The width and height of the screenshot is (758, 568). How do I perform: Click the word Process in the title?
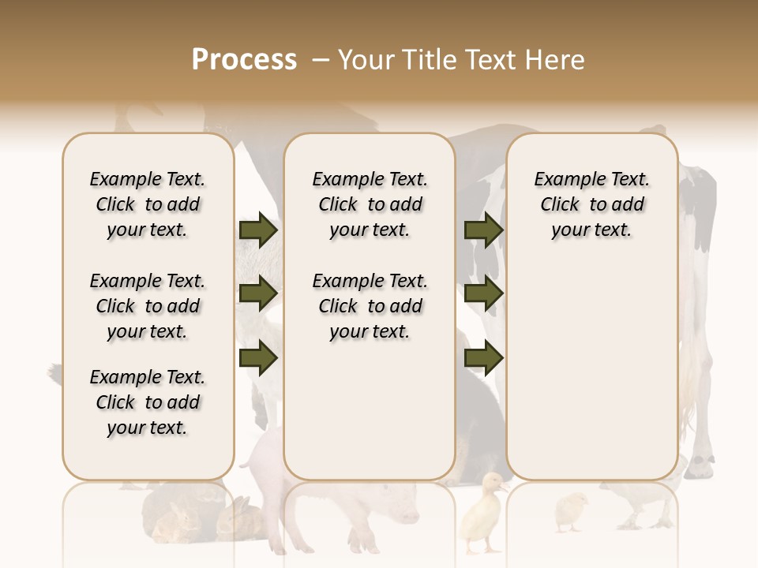pos(244,60)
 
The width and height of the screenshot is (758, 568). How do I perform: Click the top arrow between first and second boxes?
pos(258,230)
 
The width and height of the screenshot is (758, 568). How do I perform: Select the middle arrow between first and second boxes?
pos(258,294)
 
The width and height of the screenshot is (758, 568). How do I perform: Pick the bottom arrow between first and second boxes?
pos(258,358)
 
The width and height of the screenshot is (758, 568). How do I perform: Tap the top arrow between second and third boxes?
pos(483,230)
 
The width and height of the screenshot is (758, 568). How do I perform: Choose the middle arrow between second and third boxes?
pos(483,294)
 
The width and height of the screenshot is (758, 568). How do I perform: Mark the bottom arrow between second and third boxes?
pos(483,358)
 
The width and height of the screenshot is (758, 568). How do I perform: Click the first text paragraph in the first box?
pos(148,204)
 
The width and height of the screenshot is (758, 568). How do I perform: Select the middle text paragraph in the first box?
pos(148,306)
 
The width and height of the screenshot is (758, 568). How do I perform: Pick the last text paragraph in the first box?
pos(148,402)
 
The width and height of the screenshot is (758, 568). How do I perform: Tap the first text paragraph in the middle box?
pos(370,204)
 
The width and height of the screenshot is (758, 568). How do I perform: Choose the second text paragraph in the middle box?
pos(370,306)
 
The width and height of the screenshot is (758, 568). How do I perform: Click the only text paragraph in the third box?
pos(591,204)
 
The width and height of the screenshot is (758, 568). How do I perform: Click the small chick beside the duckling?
pos(570,510)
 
